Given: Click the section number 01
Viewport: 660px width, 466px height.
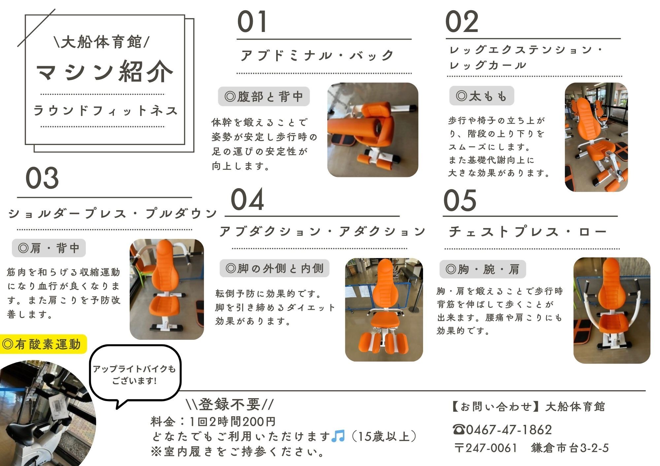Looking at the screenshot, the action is pos(252,21).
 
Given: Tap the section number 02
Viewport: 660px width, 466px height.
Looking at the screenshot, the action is pos(462,21).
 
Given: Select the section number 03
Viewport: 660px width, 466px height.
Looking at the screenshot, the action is pos(42,178).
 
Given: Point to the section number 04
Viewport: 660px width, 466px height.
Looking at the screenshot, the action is pos(247,199).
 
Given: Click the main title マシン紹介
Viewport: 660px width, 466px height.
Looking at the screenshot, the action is pos(104,71).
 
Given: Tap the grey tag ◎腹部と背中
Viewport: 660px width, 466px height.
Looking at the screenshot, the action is pos(264,97).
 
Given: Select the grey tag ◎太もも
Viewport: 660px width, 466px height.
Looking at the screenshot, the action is pos(481,96).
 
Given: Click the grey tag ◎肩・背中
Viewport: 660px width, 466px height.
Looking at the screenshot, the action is pos(49,248).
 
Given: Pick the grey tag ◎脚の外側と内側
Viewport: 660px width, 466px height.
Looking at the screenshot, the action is pos(275,268).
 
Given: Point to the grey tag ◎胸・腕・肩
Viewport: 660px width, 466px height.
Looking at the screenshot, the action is pos(482,269).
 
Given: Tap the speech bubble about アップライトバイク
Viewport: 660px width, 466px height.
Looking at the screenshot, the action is pos(135,375).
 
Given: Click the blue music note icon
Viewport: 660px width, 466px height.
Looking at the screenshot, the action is pos(338,436).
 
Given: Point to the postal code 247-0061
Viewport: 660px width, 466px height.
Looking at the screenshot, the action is pos(491,448).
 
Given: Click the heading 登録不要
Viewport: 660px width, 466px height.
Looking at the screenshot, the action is pos(229,404).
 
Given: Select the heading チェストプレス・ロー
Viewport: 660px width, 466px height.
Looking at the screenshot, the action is pos(527,232).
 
